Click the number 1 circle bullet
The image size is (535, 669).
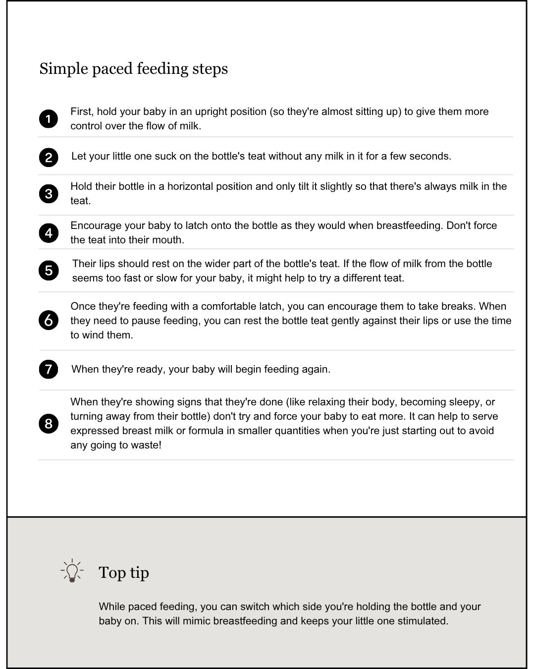(49, 119)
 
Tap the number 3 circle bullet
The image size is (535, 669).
(49, 194)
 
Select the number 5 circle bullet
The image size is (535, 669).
(49, 271)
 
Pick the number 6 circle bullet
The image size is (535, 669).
(49, 321)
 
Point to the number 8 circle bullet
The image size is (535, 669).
(49, 424)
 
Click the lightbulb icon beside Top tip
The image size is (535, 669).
(72, 571)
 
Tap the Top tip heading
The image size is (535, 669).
(124, 572)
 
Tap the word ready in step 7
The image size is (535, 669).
(150, 370)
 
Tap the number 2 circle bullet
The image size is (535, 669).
(49, 158)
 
